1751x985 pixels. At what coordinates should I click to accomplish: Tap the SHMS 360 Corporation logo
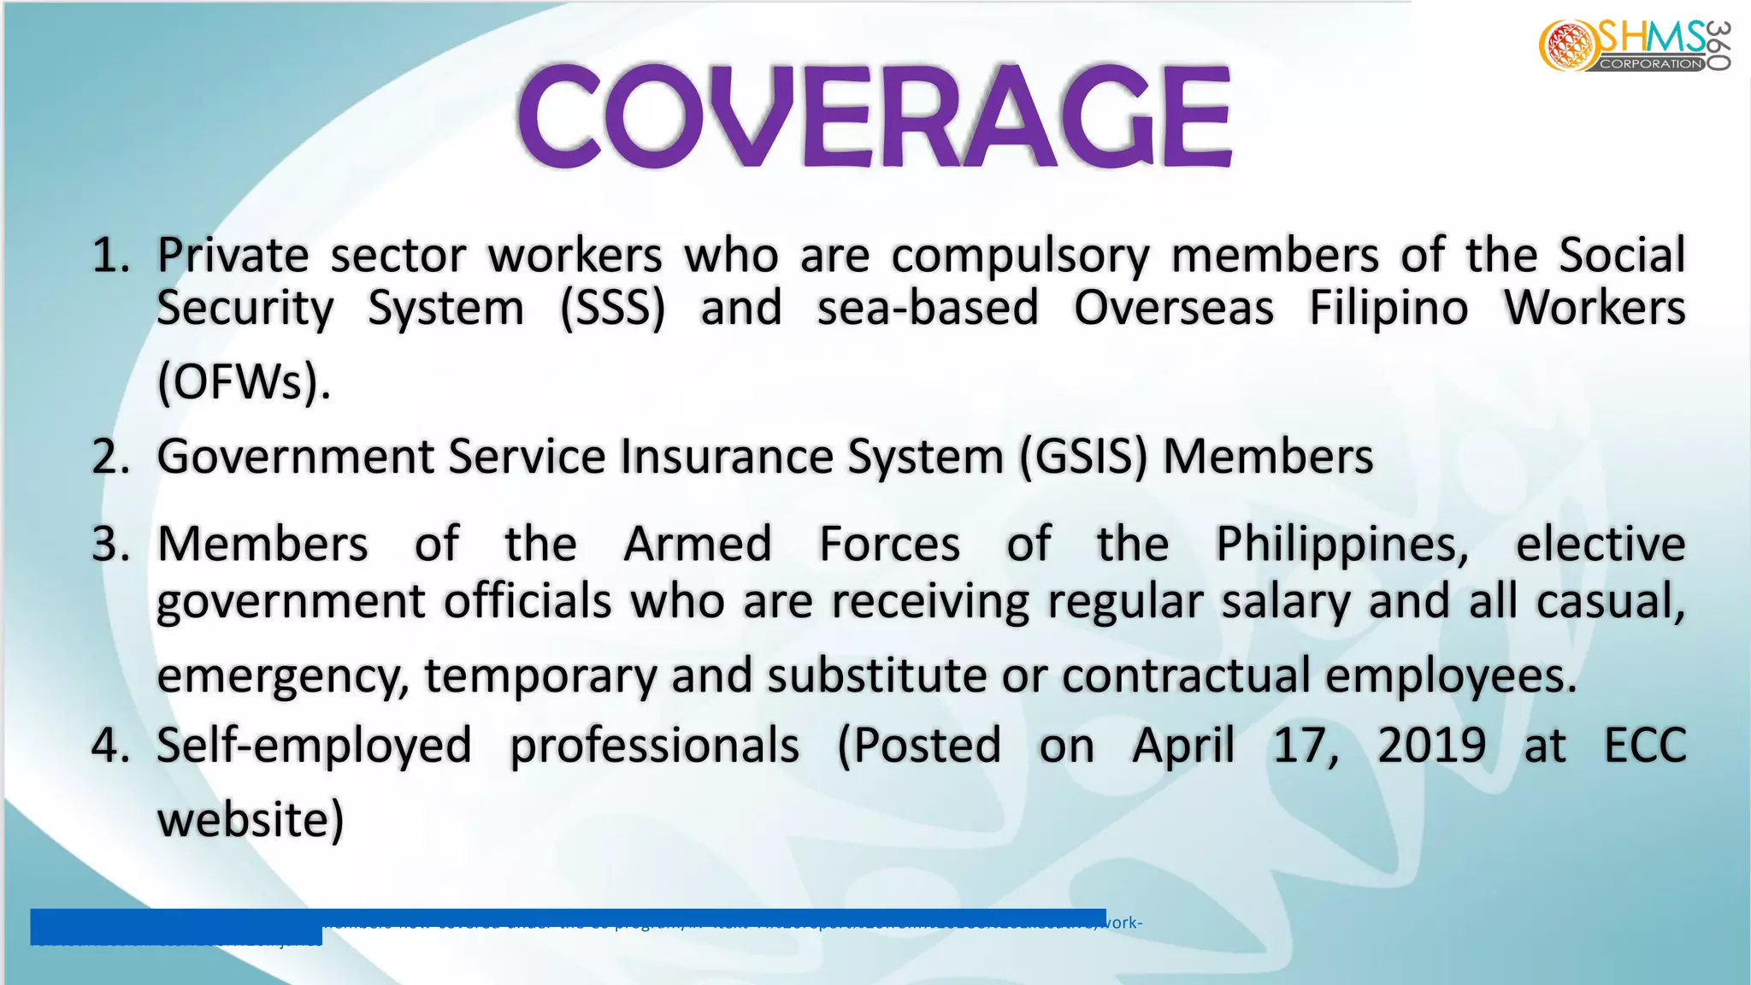pyautogui.click(x=1635, y=46)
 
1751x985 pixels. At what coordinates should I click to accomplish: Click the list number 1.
pyautogui.click(x=110, y=256)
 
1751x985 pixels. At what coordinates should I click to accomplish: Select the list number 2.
pyautogui.click(x=110, y=457)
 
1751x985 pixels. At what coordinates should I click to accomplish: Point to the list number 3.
pyautogui.click(x=110, y=545)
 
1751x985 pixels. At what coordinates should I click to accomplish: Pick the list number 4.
pyautogui.click(x=110, y=746)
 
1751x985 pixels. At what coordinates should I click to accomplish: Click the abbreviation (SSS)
pyautogui.click(x=612, y=309)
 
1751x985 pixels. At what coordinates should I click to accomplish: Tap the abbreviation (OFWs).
pyautogui.click(x=244, y=382)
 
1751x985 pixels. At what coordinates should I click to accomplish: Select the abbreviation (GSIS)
pyautogui.click(x=1082, y=457)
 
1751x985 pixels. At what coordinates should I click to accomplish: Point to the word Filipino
pyautogui.click(x=1388, y=309)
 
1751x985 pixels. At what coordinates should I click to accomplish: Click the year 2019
pyautogui.click(x=1431, y=746)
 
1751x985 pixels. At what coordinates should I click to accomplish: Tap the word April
pyautogui.click(x=1183, y=746)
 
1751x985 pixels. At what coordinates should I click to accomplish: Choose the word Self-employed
pyautogui.click(x=314, y=746)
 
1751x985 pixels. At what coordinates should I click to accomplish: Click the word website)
pyautogui.click(x=251, y=819)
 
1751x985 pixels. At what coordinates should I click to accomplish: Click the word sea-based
pyautogui.click(x=928, y=309)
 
